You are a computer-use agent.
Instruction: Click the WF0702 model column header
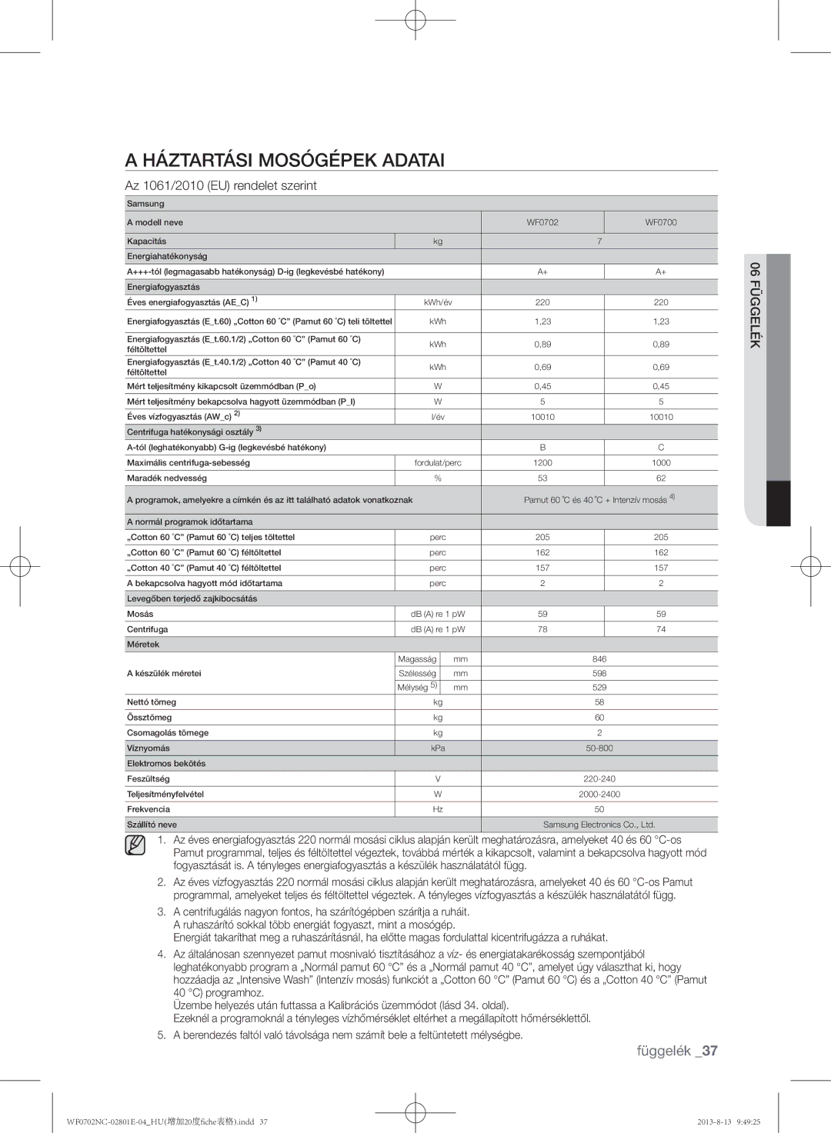[x=542, y=222]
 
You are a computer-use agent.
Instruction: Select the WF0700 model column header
[x=661, y=222]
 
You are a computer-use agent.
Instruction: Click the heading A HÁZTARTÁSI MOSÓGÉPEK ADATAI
[x=285, y=160]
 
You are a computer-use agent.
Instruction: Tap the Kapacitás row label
[x=147, y=242]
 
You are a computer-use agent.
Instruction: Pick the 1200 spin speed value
[x=542, y=463]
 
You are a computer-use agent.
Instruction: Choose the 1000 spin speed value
[x=661, y=463]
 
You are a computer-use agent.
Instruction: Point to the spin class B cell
[x=542, y=448]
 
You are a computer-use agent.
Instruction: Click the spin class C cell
[x=661, y=448]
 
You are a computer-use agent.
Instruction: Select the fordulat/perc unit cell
[x=438, y=463]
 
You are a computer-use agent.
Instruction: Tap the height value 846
[x=599, y=659]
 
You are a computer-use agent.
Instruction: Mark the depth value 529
[x=599, y=688]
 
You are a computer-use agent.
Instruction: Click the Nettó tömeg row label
[x=152, y=702]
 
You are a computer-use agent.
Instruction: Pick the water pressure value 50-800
[x=599, y=748]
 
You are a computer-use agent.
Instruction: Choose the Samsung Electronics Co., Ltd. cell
[x=599, y=825]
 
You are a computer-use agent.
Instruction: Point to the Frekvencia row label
[x=149, y=809]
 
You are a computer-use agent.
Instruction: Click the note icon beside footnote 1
[x=135, y=846]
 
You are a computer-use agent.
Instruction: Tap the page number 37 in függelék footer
[x=709, y=1051]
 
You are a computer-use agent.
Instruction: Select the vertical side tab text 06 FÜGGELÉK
[x=756, y=305]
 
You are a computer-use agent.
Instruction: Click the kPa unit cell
[x=438, y=748]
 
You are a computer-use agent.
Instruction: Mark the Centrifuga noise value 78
[x=542, y=629]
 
